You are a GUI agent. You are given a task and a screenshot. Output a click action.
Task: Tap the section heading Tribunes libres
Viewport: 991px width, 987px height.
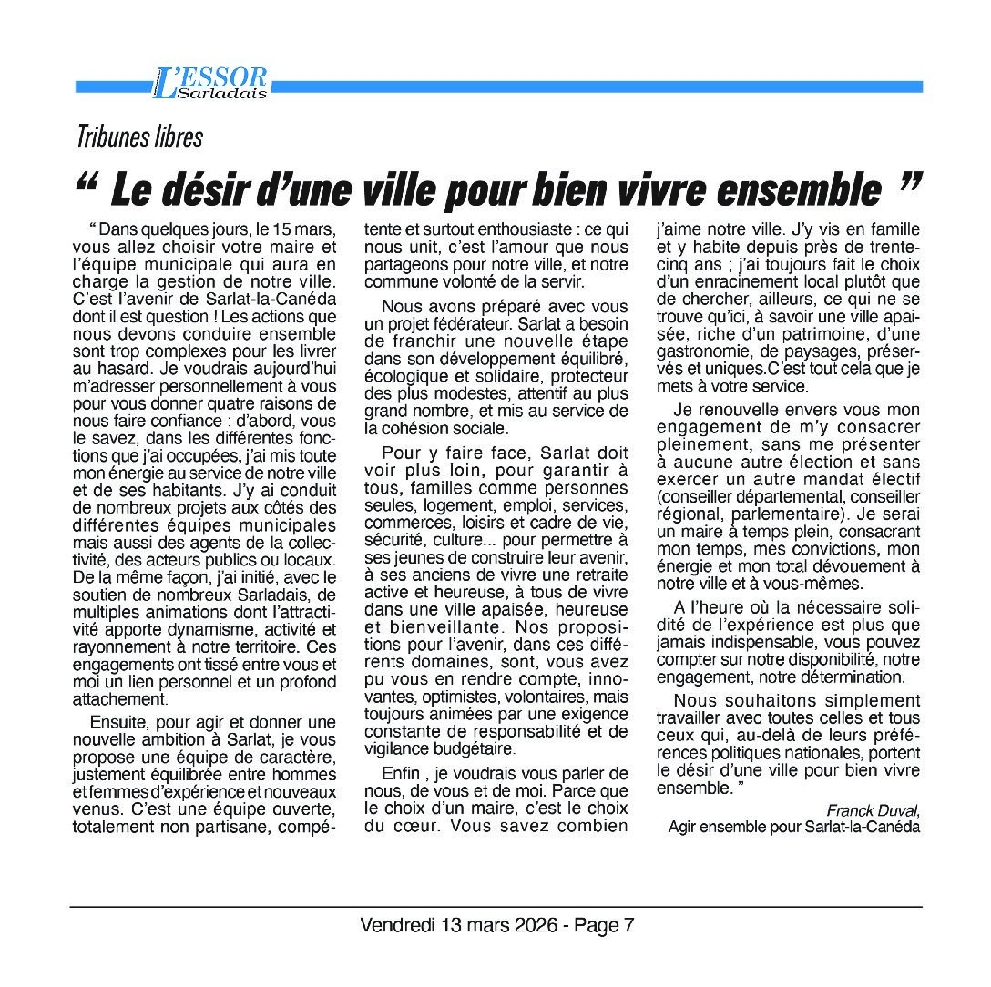[139, 137]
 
